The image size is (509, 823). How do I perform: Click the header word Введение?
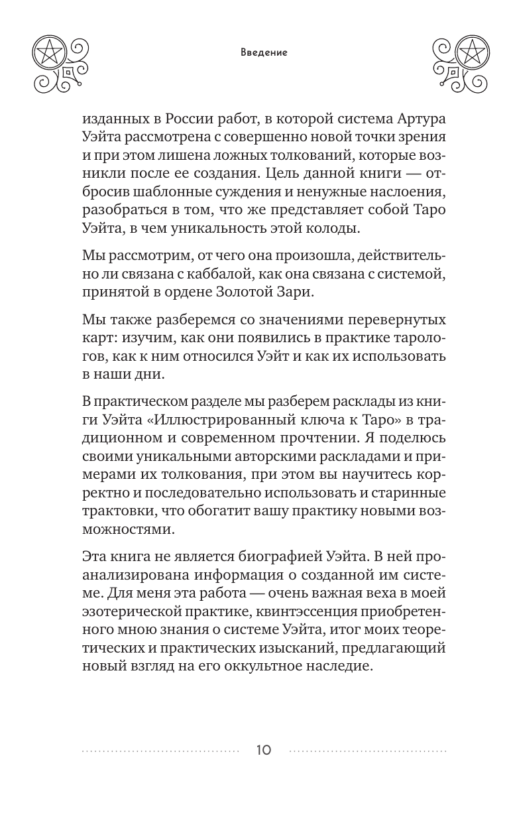coord(264,53)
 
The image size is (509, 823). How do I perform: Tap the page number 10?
coord(264,751)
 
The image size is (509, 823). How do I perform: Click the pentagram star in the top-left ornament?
coord(48,51)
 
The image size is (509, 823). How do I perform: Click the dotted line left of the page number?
coord(160,751)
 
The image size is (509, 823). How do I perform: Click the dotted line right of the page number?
coord(368,751)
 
